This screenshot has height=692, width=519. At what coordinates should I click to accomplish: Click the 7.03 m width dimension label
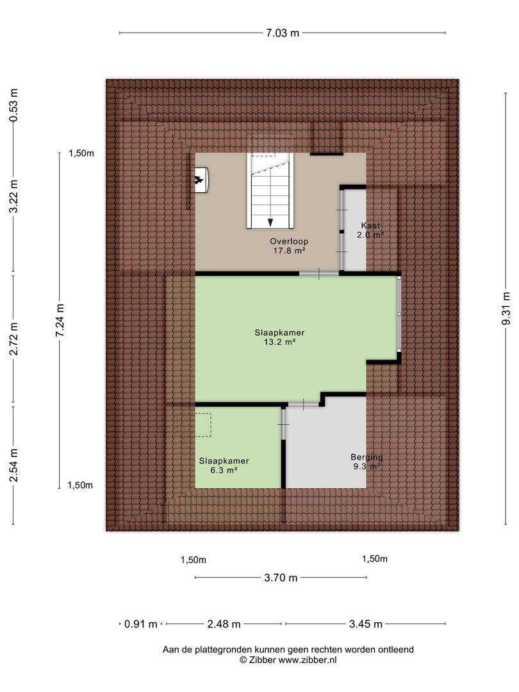click(x=283, y=33)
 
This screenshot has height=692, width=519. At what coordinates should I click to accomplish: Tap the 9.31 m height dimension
click(x=506, y=308)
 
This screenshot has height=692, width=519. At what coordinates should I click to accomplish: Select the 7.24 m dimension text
click(x=60, y=320)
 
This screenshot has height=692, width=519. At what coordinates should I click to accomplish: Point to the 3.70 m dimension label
click(x=281, y=578)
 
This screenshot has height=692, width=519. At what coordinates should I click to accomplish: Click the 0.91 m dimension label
click(x=141, y=624)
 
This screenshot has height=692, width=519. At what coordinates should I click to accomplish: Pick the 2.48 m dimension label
click(x=224, y=624)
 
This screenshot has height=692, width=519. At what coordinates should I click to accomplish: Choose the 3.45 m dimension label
click(x=365, y=624)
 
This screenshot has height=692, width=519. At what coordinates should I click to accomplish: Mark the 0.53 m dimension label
click(x=13, y=105)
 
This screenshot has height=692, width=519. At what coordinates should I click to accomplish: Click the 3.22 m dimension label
click(x=13, y=197)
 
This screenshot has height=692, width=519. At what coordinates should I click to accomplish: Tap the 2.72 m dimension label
click(x=13, y=338)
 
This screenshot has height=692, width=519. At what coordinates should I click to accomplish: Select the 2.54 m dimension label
click(x=13, y=466)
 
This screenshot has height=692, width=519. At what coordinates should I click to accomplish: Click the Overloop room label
click(x=289, y=242)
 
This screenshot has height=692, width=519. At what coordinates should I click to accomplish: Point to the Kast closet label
click(x=370, y=226)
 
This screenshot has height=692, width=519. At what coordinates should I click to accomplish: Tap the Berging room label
click(x=367, y=457)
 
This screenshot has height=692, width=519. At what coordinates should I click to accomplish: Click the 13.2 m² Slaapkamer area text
click(x=279, y=342)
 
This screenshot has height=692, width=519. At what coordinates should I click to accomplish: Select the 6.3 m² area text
click(x=224, y=470)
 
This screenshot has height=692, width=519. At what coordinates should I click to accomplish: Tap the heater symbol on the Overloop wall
click(x=201, y=180)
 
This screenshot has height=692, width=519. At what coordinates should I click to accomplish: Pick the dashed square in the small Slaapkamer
click(x=203, y=425)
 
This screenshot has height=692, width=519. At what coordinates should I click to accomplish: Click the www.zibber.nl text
click(x=307, y=660)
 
